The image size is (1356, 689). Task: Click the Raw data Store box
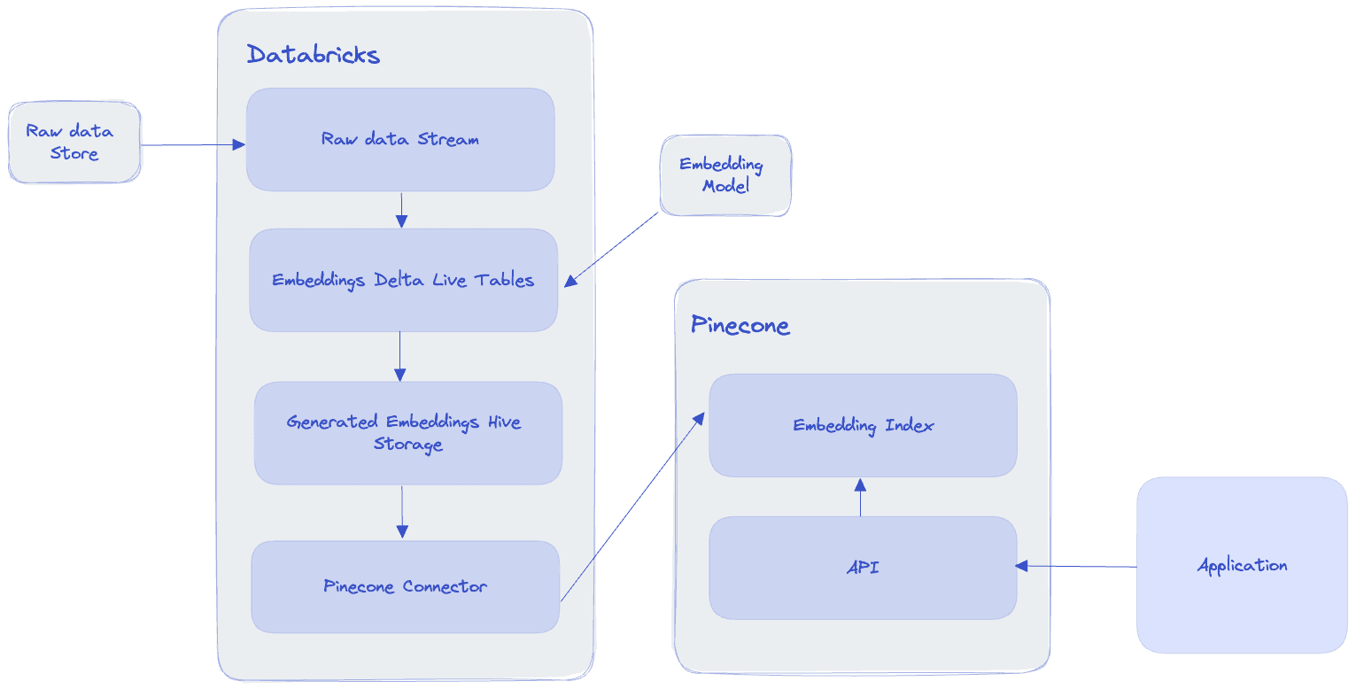74,143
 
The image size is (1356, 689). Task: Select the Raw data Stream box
400,139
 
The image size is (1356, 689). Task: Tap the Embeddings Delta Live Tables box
403,280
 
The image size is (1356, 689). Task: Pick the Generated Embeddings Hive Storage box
407,433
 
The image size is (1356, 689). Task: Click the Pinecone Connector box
405,586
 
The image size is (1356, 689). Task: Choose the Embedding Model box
724,175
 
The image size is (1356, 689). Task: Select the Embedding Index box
863,425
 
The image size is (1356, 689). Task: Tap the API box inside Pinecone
863,567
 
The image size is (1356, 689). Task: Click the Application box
1242,565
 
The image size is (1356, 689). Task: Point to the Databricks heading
313,55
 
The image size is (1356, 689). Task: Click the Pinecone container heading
740,325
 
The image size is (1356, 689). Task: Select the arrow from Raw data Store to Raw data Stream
192,144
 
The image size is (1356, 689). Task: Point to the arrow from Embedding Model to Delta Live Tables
613,249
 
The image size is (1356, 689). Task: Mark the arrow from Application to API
1076,566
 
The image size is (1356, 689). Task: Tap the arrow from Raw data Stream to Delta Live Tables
401,210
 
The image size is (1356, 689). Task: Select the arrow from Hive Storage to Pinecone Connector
402,512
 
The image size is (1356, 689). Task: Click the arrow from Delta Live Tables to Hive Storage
399,356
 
